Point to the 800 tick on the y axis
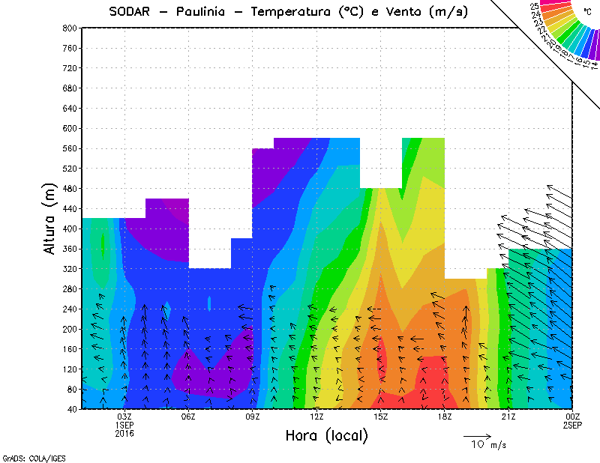pyautogui.click(x=68, y=28)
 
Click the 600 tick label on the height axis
pyautogui.click(x=68, y=128)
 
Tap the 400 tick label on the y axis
pyautogui.click(x=68, y=229)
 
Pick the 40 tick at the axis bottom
pyautogui.click(x=70, y=409)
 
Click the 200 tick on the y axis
pyautogui.click(x=68, y=329)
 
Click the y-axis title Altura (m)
pyautogui.click(x=49, y=218)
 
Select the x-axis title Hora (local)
pyautogui.click(x=325, y=435)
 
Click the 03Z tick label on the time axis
pyautogui.click(x=124, y=417)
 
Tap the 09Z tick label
pyautogui.click(x=253, y=417)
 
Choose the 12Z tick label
pyautogui.click(x=316, y=417)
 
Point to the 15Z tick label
pyautogui.click(x=380, y=417)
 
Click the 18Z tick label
pyautogui.click(x=445, y=417)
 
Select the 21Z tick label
pyautogui.click(x=508, y=417)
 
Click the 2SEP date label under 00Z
pyautogui.click(x=572, y=425)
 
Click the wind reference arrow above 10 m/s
pyautogui.click(x=477, y=435)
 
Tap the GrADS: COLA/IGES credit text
pyautogui.click(x=28, y=456)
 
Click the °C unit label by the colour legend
pyautogui.click(x=587, y=12)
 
